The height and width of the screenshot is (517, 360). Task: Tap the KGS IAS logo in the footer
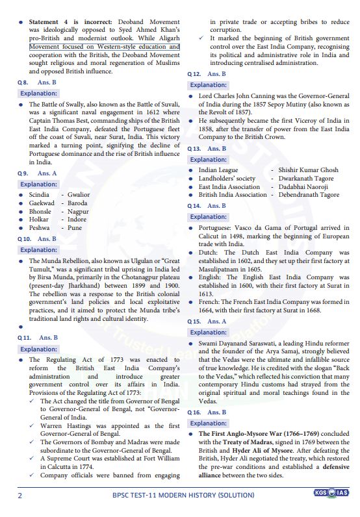(333, 492)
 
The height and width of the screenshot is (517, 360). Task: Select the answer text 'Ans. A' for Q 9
(47, 173)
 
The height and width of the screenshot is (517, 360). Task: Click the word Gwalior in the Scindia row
(79, 195)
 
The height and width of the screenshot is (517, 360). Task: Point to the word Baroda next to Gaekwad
(77, 203)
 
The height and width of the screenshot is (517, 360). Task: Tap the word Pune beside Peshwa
(75, 228)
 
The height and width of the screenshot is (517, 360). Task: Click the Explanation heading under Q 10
(38, 249)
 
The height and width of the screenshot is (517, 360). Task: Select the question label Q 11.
(23, 338)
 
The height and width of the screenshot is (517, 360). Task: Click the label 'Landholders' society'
(227, 179)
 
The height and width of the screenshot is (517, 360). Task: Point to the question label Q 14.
(194, 206)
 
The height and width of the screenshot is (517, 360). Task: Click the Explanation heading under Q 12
(208, 85)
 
